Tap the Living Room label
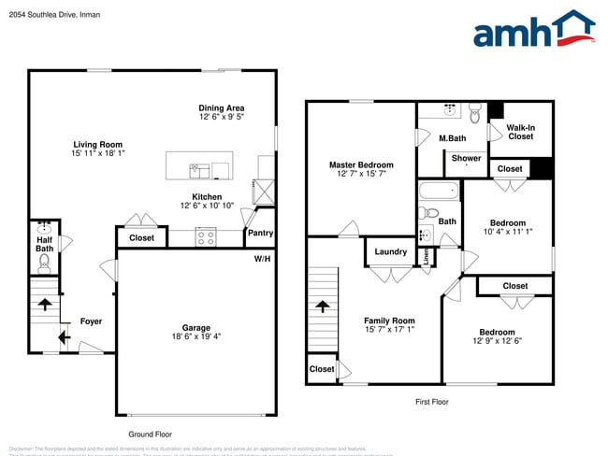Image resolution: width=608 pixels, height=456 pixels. tap(98, 145)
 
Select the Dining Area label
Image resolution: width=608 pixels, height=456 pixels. tap(222, 108)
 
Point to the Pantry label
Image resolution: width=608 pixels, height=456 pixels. tap(260, 233)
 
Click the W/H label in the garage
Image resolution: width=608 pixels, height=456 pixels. tap(262, 258)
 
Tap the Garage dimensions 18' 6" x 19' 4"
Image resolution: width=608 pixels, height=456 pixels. tap(195, 337)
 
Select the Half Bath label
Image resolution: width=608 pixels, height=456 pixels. tap(44, 243)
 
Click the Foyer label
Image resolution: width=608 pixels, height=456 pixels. tap(91, 321)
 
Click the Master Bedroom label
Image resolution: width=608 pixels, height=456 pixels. tap(361, 164)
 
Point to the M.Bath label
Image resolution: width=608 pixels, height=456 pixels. tap(453, 138)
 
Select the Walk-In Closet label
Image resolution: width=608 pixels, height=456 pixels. tap(520, 132)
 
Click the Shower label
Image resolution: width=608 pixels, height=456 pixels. tap(466, 158)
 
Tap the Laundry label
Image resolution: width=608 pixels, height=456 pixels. tap(390, 251)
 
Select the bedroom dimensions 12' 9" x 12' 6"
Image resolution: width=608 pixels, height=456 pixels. tap(497, 341)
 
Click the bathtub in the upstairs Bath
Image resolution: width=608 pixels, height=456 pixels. tap(440, 192)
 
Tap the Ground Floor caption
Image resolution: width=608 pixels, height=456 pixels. tap(150, 435)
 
